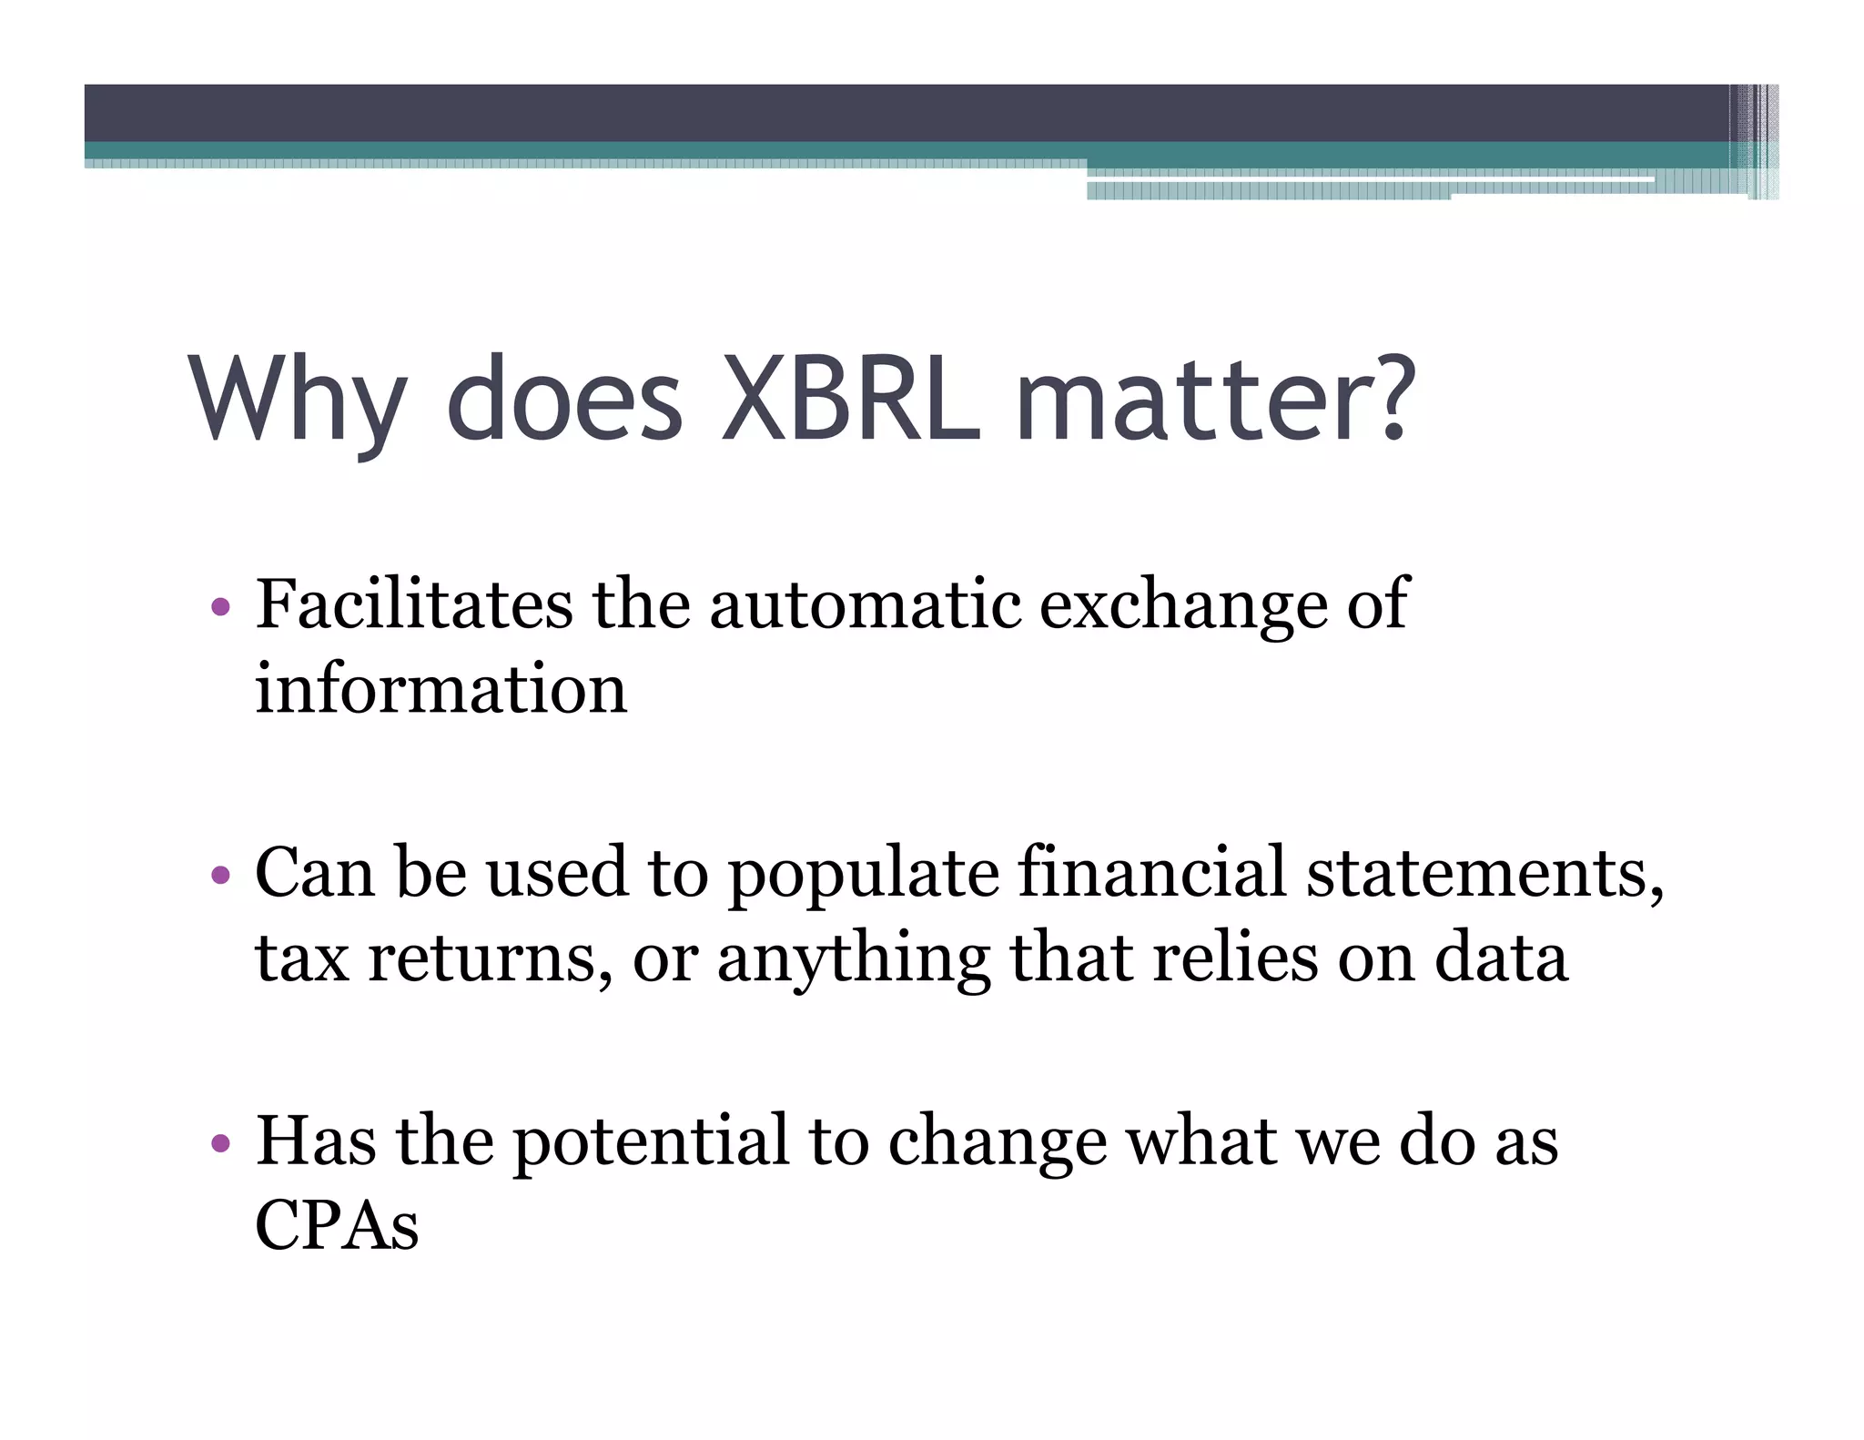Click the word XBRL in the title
[849, 401]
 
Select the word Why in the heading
[297, 401]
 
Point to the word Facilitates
[413, 604]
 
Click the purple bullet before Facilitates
[219, 607]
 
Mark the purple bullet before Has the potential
[219, 1143]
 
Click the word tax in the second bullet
[301, 958]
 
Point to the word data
[1501, 958]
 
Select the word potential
[651, 1143]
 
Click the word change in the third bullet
[998, 1143]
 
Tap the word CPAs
[337, 1225]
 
